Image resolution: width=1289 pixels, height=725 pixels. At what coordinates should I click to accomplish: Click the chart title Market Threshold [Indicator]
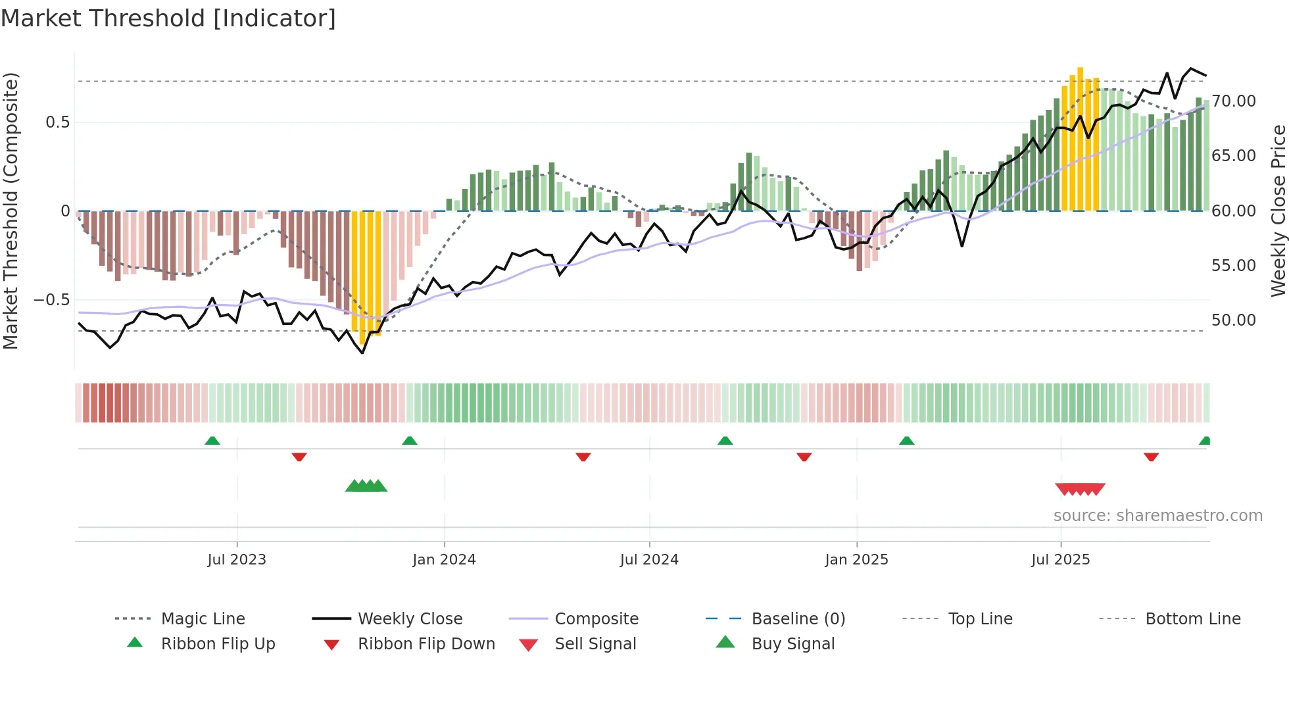tap(168, 18)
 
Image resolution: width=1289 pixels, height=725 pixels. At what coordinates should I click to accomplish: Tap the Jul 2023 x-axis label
tap(237, 560)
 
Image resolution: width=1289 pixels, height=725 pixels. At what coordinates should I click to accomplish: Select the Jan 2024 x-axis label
tap(444, 560)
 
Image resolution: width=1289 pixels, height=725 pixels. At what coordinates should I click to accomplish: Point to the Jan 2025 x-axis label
tap(856, 560)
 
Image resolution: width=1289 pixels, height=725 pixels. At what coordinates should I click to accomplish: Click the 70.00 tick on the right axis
tap(1234, 101)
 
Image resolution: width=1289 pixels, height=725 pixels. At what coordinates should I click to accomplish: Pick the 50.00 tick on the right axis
tap(1234, 320)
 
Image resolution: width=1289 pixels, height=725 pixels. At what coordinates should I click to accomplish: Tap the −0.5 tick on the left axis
tap(52, 300)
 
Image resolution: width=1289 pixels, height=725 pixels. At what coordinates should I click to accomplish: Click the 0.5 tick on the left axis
tap(57, 122)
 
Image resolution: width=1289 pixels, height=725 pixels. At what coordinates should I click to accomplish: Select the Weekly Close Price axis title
tap(1278, 211)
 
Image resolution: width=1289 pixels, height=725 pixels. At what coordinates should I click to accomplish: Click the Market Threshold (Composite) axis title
tap(11, 211)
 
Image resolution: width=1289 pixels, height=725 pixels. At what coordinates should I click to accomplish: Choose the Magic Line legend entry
tap(203, 619)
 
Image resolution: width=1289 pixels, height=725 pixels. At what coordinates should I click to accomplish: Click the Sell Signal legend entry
tap(595, 644)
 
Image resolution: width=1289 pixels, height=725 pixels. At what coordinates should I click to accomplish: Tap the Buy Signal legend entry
tap(792, 644)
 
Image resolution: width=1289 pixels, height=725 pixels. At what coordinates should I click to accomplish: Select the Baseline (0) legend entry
tap(798, 619)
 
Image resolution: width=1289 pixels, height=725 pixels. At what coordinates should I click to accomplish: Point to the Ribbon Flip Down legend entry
tap(426, 644)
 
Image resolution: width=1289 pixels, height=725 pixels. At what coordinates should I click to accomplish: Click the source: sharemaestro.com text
tap(1157, 516)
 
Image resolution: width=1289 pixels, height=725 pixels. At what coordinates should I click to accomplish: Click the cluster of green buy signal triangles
tap(366, 486)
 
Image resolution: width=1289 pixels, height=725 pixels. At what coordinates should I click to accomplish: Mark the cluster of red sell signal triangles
tap(1080, 489)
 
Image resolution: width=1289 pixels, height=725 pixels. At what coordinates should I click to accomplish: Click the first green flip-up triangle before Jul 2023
tap(212, 441)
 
